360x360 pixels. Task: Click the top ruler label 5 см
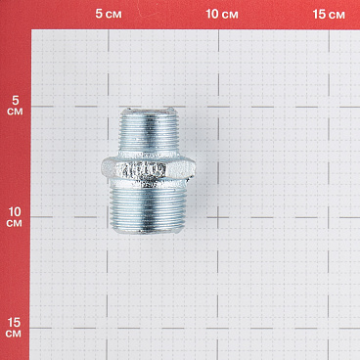point(109,14)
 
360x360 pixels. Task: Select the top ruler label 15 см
point(328,14)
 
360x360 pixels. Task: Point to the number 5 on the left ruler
point(15,100)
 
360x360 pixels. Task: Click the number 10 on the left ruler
point(15,210)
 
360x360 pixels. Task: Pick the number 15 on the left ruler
point(15,321)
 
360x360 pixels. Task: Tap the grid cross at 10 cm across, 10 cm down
point(218,217)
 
